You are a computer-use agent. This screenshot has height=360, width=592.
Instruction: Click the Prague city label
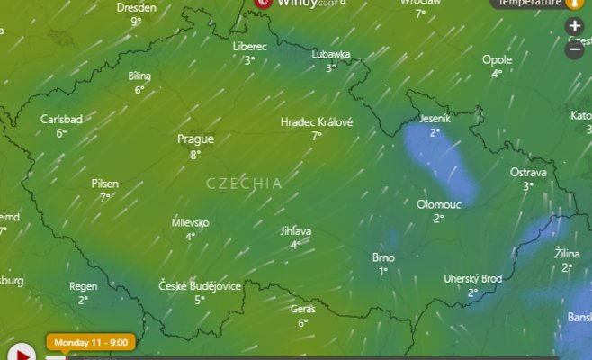tap(195, 139)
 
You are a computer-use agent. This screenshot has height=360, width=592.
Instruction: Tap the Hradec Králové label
tap(317, 121)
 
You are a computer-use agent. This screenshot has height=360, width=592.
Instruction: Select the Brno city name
tap(383, 257)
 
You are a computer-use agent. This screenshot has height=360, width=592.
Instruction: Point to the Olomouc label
tap(438, 204)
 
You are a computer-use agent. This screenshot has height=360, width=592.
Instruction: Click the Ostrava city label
tap(528, 172)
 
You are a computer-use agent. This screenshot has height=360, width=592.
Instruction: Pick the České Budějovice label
tap(200, 286)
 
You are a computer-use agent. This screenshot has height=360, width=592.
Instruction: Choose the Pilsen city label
tap(104, 184)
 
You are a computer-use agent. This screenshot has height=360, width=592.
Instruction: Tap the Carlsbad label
tap(61, 119)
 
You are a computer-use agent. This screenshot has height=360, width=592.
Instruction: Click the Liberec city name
tap(249, 46)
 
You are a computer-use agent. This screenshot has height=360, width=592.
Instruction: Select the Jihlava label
tap(295, 231)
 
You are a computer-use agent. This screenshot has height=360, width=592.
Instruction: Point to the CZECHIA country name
tap(244, 183)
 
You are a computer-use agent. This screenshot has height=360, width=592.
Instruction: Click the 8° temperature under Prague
tap(195, 155)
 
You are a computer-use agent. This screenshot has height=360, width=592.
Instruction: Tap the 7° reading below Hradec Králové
tap(317, 136)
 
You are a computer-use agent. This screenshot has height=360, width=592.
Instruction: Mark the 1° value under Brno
tap(383, 271)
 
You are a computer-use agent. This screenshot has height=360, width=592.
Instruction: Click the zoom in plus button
tap(575, 27)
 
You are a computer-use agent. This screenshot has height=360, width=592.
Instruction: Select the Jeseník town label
tap(435, 119)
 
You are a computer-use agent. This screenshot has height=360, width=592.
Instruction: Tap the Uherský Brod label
tap(472, 279)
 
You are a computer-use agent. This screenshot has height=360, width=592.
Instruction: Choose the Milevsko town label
tap(191, 222)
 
